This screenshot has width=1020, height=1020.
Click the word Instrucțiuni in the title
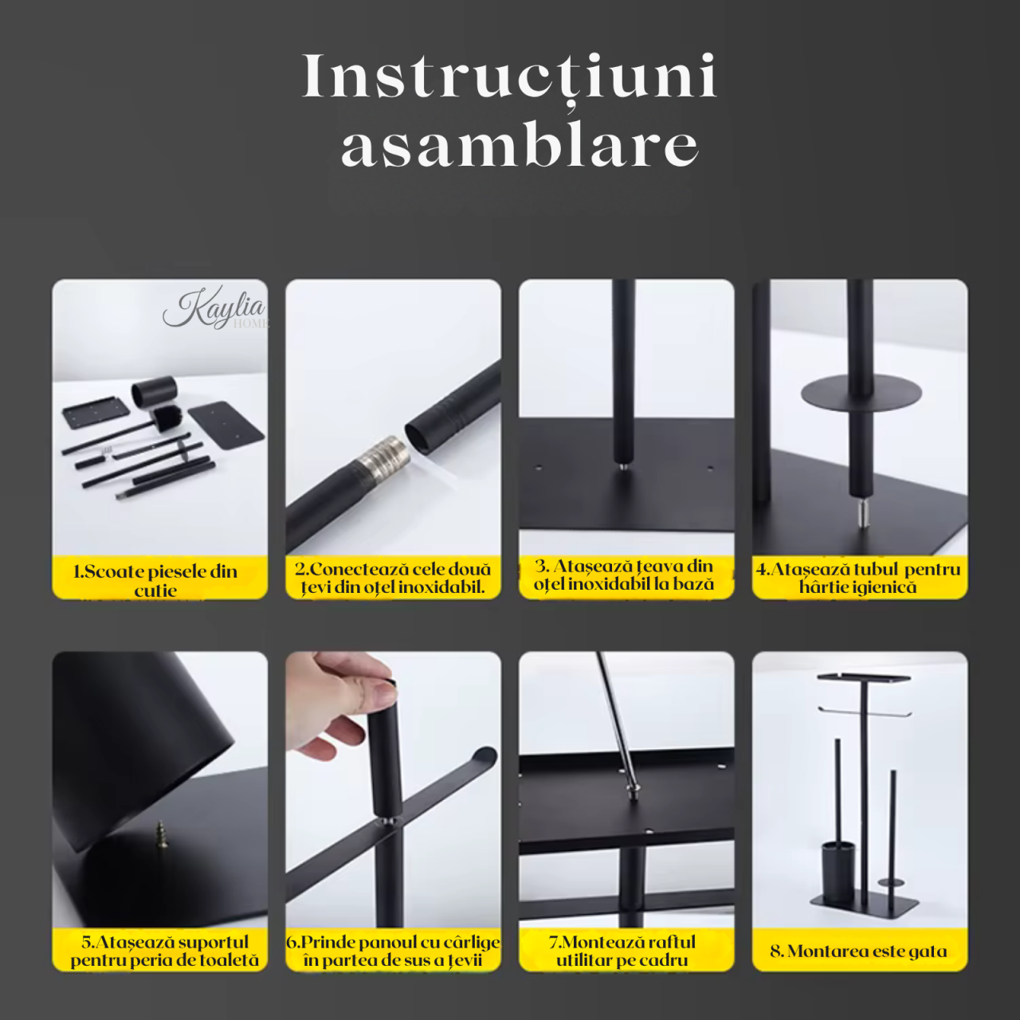pyautogui.click(x=510, y=77)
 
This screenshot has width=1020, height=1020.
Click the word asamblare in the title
pyautogui.click(x=520, y=146)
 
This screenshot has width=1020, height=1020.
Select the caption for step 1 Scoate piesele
pyautogui.click(x=156, y=579)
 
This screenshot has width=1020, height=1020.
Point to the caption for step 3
pyautogui.click(x=625, y=575)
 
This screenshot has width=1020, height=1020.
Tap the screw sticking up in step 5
pyautogui.click(x=162, y=836)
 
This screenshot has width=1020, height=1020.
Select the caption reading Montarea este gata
pyautogui.click(x=859, y=951)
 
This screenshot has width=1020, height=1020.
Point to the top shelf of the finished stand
pyautogui.click(x=864, y=678)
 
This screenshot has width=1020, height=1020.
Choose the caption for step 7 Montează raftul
pyautogui.click(x=623, y=951)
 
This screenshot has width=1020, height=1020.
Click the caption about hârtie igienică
pyautogui.click(x=858, y=578)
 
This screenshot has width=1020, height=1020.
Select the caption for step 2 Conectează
pyautogui.click(x=393, y=578)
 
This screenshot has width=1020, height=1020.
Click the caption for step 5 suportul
pyautogui.click(x=163, y=951)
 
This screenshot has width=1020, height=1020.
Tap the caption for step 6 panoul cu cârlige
pyautogui.click(x=393, y=951)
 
